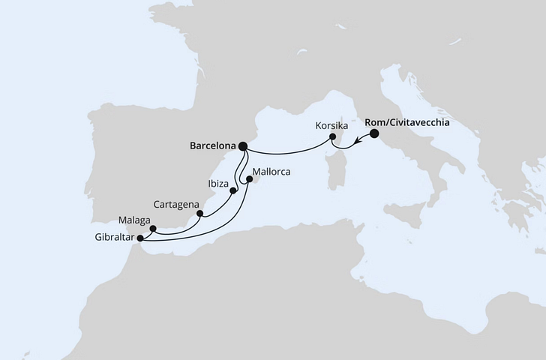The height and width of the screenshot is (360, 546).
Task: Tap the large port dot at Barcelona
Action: (x=243, y=147)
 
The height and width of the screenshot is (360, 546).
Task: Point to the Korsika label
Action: (x=332, y=125)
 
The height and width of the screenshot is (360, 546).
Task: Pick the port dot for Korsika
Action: (x=332, y=138)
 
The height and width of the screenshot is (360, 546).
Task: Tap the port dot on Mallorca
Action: (x=250, y=179)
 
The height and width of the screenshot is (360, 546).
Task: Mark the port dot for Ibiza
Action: (x=233, y=190)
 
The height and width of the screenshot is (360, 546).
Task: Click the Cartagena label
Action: (x=176, y=203)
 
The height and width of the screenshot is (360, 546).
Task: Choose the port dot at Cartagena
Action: (x=199, y=213)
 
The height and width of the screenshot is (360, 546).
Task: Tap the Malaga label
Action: (x=133, y=220)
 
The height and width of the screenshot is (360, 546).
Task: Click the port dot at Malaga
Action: (x=152, y=229)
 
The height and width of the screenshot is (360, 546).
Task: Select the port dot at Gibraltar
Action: (x=140, y=239)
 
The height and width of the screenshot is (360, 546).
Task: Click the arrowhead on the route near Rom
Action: (x=359, y=150)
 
